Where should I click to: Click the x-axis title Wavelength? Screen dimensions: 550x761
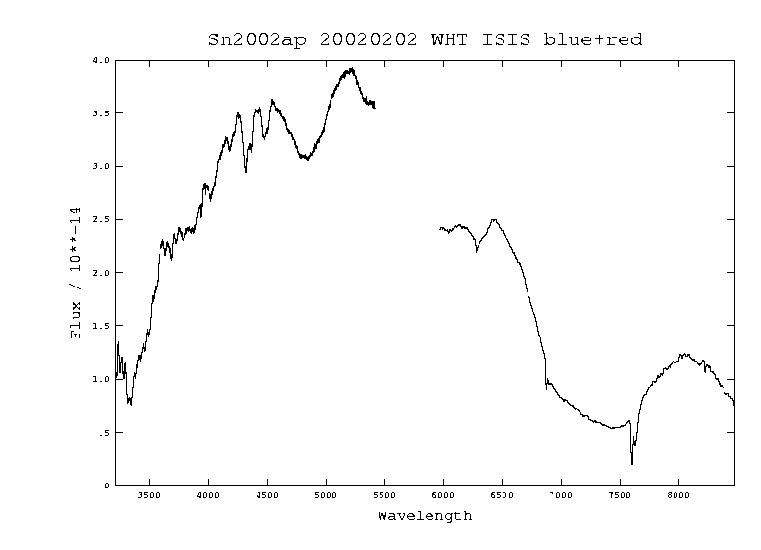coord(424,516)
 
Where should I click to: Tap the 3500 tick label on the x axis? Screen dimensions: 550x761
coord(149,497)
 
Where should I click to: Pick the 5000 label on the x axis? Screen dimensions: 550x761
coord(326,497)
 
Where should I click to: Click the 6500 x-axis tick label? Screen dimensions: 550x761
coord(503,497)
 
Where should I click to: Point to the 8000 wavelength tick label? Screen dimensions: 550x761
coord(679,497)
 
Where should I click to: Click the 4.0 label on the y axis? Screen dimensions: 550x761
coord(101,60)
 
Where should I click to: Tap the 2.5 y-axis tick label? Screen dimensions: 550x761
coord(101,219)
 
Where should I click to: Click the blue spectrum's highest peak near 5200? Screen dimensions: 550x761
coord(352,69)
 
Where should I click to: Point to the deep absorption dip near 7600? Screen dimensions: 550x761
coord(632,463)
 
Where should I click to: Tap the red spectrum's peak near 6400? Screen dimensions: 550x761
coord(494,220)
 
